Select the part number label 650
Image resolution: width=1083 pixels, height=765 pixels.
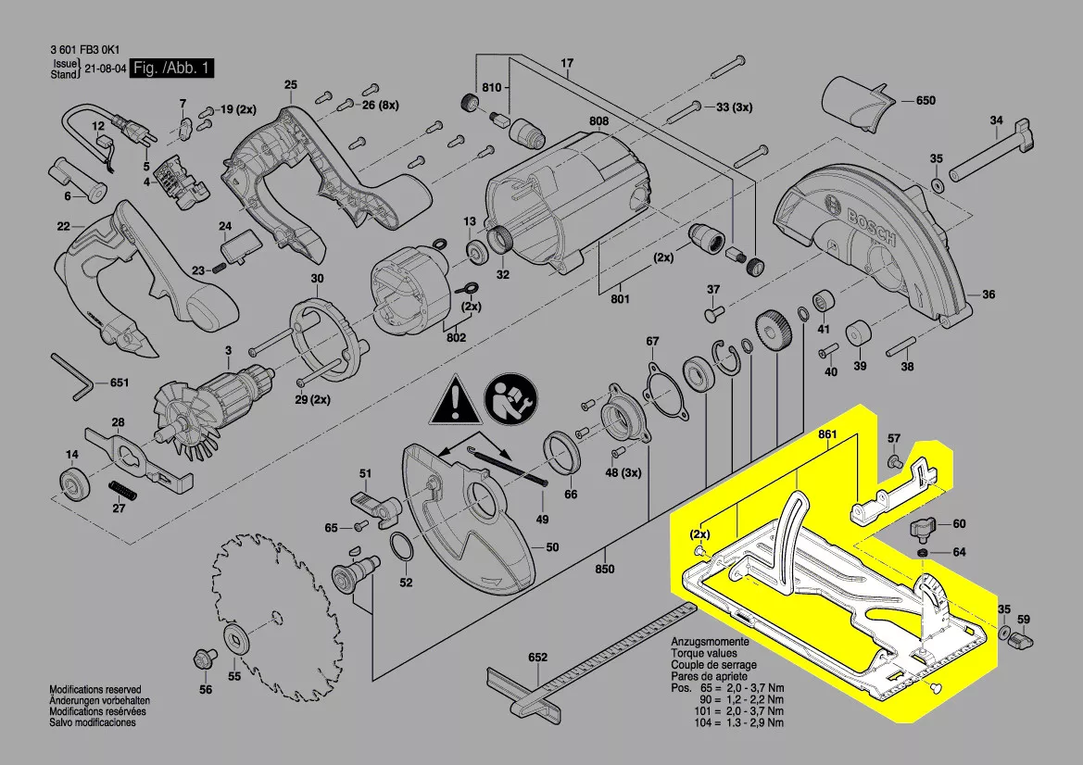coord(926,100)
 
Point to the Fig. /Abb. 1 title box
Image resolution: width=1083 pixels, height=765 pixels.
coord(173,69)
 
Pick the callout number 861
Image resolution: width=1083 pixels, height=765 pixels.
coord(827,433)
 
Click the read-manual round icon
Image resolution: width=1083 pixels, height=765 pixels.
coord(509,397)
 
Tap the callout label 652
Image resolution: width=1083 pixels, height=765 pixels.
coord(538,658)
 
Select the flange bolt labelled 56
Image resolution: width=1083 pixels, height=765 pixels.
coord(200,659)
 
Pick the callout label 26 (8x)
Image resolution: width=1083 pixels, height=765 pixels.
coord(380,106)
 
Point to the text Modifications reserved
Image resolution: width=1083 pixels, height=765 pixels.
coord(94,690)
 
